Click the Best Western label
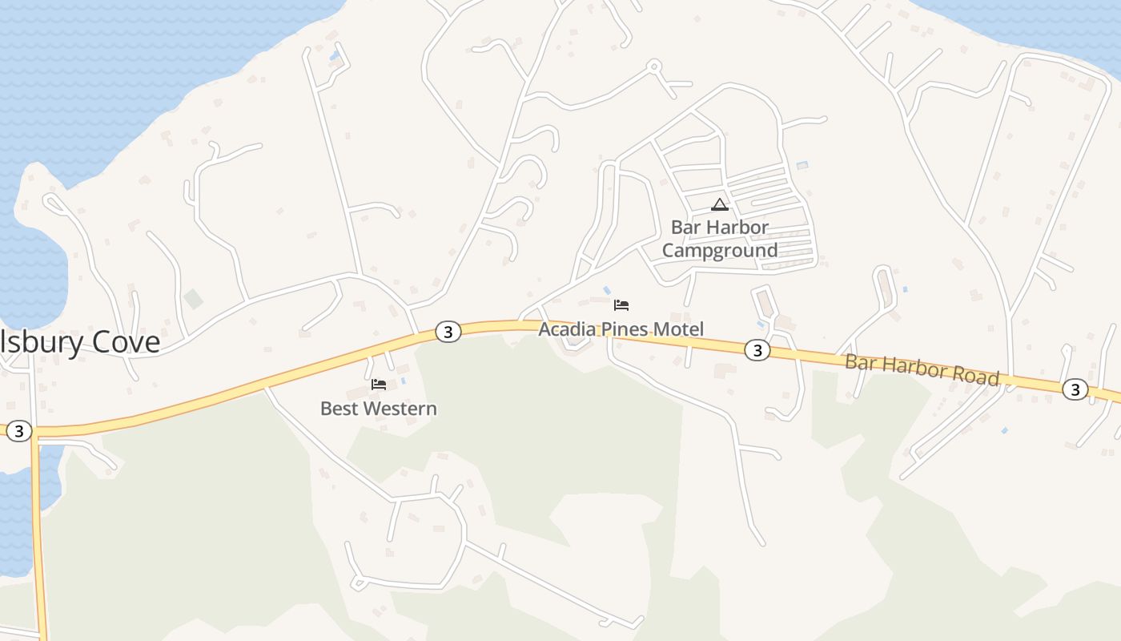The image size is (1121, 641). coord(378,409)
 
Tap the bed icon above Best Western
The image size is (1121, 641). coord(379,385)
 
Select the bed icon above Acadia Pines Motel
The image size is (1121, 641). coord(621,305)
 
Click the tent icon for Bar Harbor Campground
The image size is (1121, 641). coord(720,204)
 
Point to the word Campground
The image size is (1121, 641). coord(720,251)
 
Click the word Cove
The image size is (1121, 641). coord(126,342)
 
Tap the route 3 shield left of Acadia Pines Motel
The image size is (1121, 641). coord(448,332)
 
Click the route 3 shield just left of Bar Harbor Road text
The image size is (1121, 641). coord(757,349)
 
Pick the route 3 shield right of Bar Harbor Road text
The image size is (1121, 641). coord(1075,390)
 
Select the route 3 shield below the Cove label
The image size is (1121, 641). coord(18,432)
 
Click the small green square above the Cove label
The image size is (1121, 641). coord(193,300)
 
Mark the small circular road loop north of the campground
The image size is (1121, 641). coord(654,66)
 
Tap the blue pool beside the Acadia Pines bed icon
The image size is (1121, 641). coord(606,289)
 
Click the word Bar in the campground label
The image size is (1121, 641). coord(685,228)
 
